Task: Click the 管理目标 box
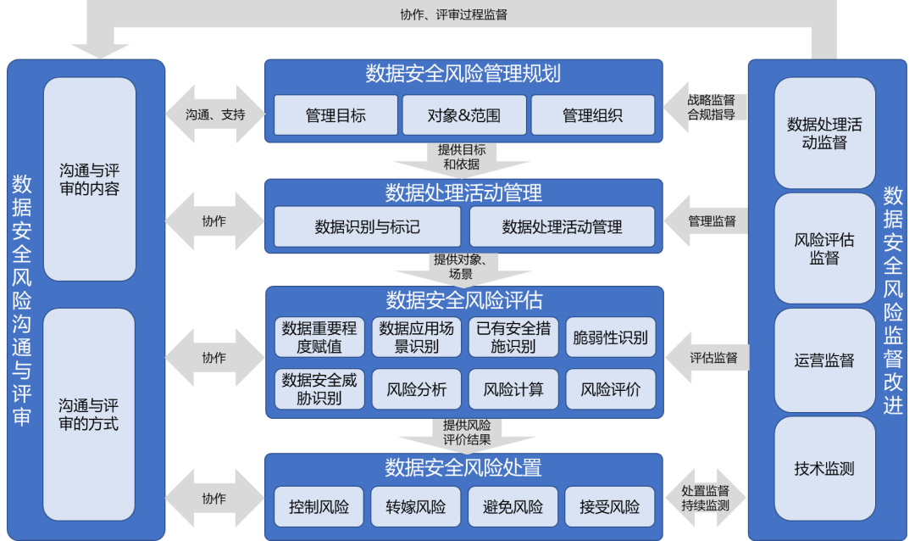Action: tap(335, 115)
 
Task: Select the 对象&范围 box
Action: tap(464, 115)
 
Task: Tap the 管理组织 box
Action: tap(592, 115)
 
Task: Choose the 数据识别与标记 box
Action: tap(367, 226)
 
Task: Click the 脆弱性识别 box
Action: tap(610, 337)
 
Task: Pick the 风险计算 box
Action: tap(513, 389)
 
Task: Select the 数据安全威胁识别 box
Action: tap(319, 389)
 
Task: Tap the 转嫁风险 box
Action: tap(415, 506)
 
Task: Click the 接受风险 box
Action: tap(609, 506)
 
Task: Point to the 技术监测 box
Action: tap(824, 469)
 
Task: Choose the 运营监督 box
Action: tap(824, 360)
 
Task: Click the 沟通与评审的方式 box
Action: tap(89, 415)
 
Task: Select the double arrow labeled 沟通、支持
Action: tap(215, 114)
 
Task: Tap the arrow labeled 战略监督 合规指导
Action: tap(706, 108)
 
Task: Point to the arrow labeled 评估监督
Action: tap(707, 358)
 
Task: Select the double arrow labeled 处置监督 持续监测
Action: tap(706, 498)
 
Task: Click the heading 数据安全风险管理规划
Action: tap(463, 75)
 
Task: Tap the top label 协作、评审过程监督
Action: tap(454, 14)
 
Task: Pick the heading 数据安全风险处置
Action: tap(463, 468)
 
